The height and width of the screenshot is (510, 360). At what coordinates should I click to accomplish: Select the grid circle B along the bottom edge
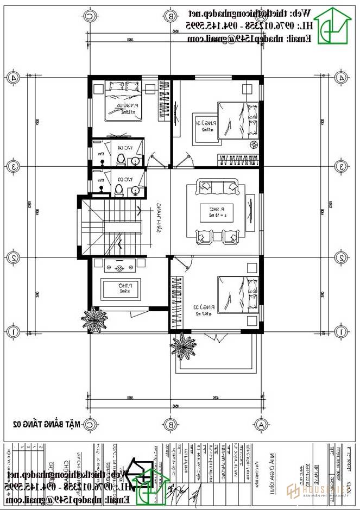[170, 424]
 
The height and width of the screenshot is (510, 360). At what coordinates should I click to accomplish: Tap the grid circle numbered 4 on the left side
[13, 78]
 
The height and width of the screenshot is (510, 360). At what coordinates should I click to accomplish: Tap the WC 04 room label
[125, 148]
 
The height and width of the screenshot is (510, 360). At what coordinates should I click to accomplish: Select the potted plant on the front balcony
[182, 345]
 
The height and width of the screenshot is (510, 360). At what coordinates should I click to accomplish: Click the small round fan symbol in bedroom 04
[252, 144]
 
